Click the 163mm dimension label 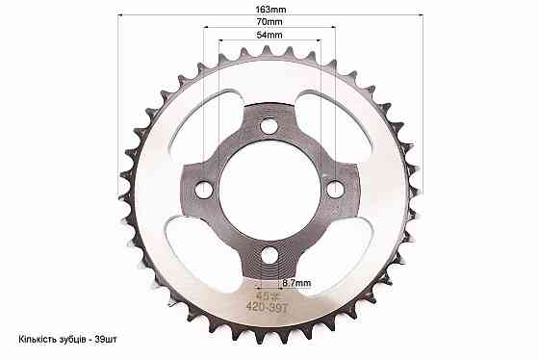pyautogui.click(x=270, y=10)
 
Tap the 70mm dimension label pyautogui.click(x=269, y=22)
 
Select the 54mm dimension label pyautogui.click(x=269, y=35)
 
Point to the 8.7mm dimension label pyautogui.click(x=296, y=283)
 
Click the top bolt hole pyautogui.click(x=269, y=126)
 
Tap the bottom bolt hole pyautogui.click(x=269, y=255)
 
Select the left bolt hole pyautogui.click(x=204, y=190)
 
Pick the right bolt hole pyautogui.click(x=335, y=190)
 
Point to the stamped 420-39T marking pyautogui.click(x=267, y=307)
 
